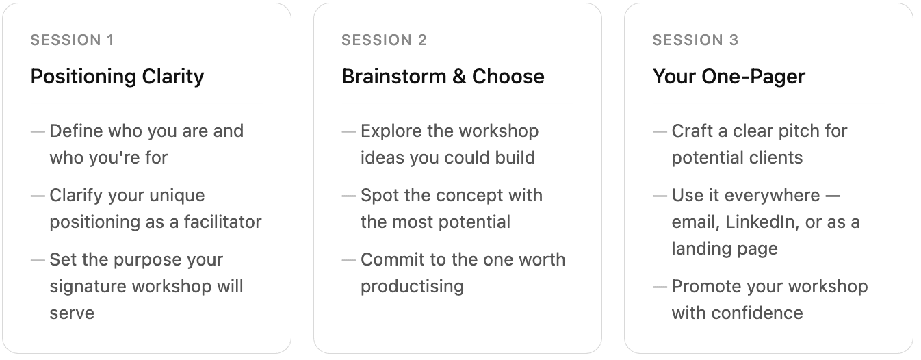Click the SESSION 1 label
[x=72, y=40]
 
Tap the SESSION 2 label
[x=384, y=40]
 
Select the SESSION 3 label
[x=695, y=40]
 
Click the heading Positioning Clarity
[x=117, y=77]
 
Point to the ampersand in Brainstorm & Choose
[x=459, y=77]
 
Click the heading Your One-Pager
[x=729, y=77]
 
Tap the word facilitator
[x=222, y=222]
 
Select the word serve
[x=72, y=313]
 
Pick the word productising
[x=413, y=287]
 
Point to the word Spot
[x=380, y=196]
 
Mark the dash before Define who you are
[x=38, y=131]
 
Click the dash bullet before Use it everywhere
[x=660, y=196]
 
